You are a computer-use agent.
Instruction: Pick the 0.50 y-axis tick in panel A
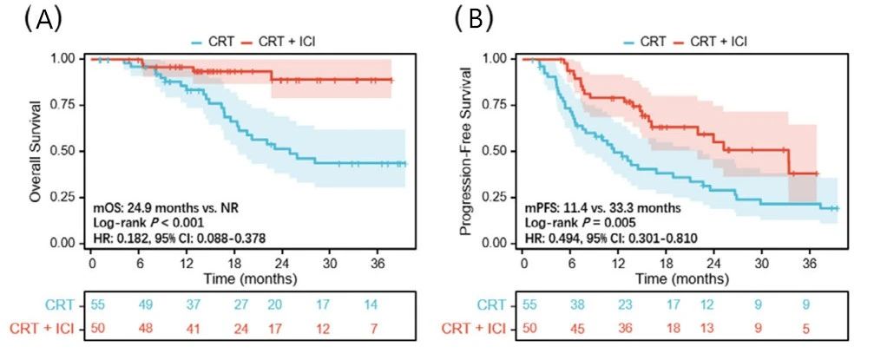tap(68, 151)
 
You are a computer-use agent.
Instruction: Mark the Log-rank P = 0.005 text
tap(573, 222)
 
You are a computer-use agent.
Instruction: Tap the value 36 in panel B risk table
tap(620, 328)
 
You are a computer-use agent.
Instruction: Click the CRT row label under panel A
tap(62, 305)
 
